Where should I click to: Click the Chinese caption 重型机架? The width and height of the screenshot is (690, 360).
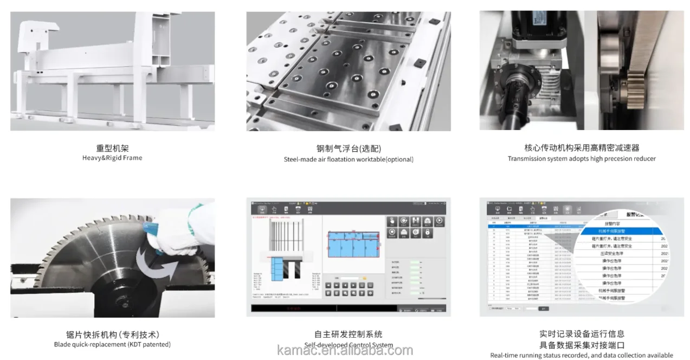click(x=112, y=147)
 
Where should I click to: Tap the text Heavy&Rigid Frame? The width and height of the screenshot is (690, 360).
click(x=112, y=158)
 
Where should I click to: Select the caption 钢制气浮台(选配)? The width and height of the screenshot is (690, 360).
click(x=349, y=148)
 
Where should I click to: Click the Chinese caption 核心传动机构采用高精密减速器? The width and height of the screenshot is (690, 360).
click(x=582, y=147)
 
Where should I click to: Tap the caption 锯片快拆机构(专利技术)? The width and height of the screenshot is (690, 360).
click(x=112, y=334)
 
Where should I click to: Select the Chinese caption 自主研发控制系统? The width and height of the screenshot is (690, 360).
click(x=348, y=334)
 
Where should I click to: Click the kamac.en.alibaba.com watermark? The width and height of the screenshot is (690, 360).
click(x=345, y=350)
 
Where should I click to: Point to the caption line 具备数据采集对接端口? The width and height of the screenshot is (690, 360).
click(x=582, y=345)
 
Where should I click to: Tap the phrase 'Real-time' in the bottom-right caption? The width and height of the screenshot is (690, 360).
click(x=504, y=356)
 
